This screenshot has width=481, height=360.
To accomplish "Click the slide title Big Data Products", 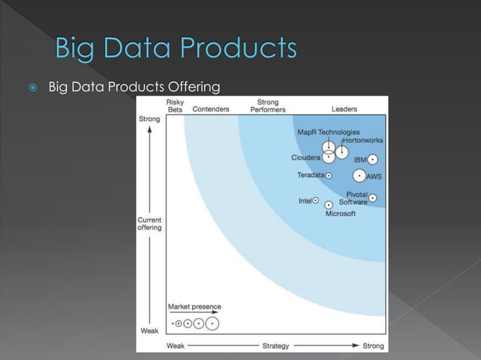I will (x=176, y=49).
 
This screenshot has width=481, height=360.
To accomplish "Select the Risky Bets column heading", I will (x=175, y=105).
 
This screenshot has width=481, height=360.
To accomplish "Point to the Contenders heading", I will (x=211, y=109).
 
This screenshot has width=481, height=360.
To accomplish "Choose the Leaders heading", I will (x=344, y=109).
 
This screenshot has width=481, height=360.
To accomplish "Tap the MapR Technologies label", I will (x=328, y=132).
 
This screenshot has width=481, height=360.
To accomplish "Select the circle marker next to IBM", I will (x=373, y=160).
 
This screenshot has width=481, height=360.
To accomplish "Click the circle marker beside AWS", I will (x=359, y=175).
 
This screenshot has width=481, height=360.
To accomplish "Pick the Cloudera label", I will (x=305, y=158).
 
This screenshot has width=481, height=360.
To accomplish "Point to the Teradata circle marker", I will (x=329, y=175).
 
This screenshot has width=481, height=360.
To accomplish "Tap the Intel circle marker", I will (x=316, y=201).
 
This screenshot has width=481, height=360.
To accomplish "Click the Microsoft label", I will (x=340, y=214).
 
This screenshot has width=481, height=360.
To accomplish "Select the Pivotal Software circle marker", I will (x=373, y=198).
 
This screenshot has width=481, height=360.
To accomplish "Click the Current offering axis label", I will (x=149, y=224).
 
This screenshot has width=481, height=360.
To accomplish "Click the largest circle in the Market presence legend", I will (x=213, y=324).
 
